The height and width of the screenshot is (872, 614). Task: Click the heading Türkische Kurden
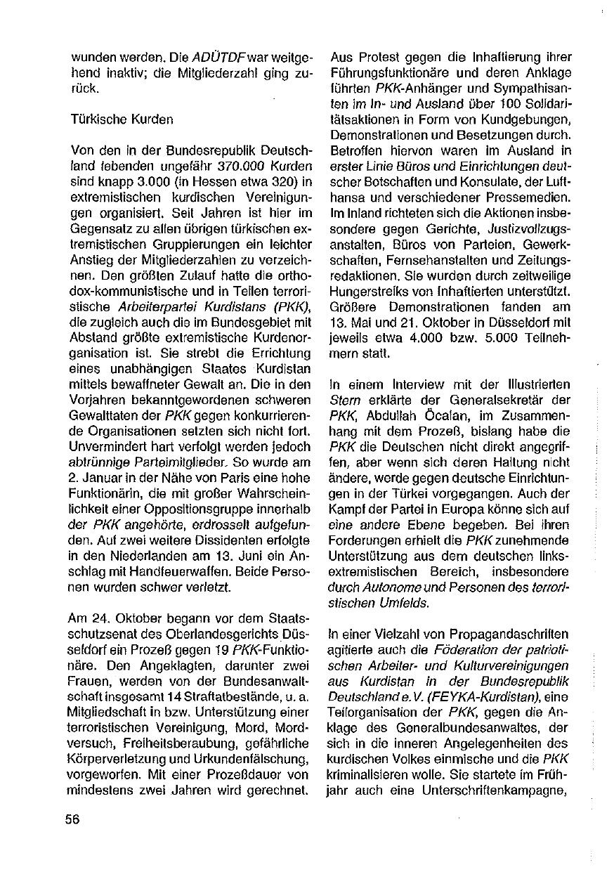pos(122,119)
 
